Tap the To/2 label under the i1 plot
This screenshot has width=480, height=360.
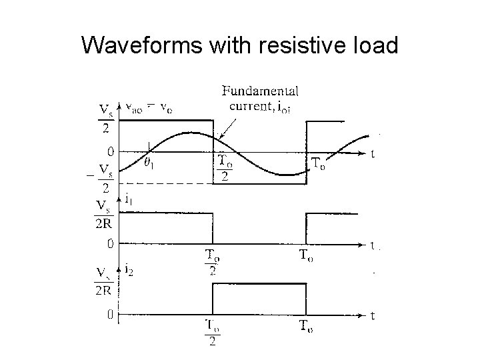click(213, 261)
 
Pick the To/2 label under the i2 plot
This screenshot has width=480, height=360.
click(213, 333)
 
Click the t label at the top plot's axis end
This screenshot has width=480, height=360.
click(373, 154)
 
